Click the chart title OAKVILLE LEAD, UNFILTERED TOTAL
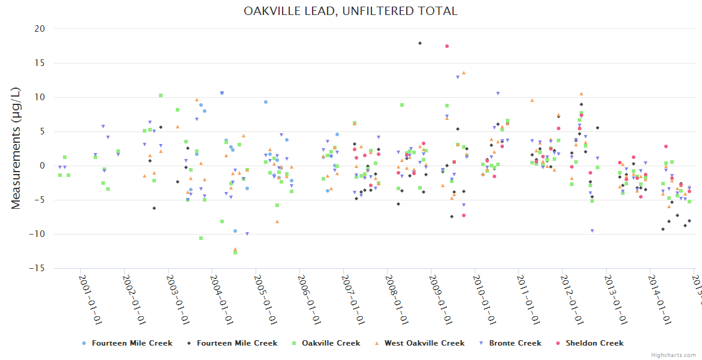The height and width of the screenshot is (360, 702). pyautogui.click(x=350, y=11)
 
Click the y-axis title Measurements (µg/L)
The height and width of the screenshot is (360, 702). pyautogui.click(x=16, y=148)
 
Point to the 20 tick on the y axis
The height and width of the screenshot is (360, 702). pyautogui.click(x=40, y=29)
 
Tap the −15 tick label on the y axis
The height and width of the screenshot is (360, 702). pyautogui.click(x=37, y=268)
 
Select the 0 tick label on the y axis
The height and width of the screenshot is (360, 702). pyautogui.click(x=43, y=166)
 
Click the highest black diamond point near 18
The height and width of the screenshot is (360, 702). pyautogui.click(x=420, y=43)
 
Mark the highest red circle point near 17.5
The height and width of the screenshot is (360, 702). pyautogui.click(x=447, y=46)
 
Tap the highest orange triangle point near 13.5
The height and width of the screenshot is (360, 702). pyautogui.click(x=463, y=73)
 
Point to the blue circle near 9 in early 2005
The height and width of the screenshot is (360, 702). pyautogui.click(x=265, y=102)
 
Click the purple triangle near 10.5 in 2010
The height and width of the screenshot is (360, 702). pyautogui.click(x=497, y=94)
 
